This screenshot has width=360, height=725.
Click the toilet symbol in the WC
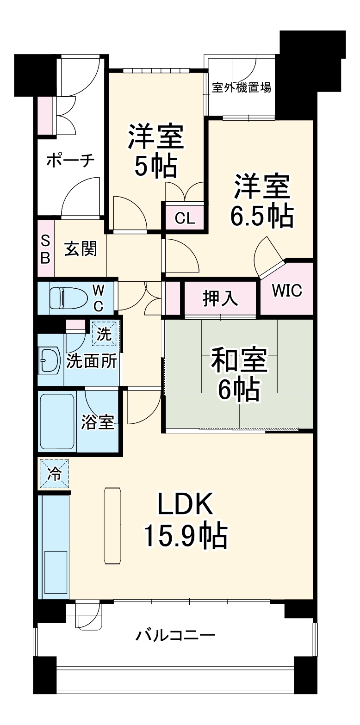tap(67, 298)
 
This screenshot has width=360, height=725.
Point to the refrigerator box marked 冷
tap(54, 474)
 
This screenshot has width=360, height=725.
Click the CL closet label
tap(185, 218)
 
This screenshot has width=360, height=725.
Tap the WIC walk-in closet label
tap(287, 290)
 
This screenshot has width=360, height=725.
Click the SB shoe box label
tap(46, 249)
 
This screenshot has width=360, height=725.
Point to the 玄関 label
tap(81, 249)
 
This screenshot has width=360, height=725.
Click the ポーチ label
tap(70, 161)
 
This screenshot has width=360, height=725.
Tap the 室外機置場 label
tap(242, 87)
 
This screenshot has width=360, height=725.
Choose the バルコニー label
tap(175, 635)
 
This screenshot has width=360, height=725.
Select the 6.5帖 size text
tap(262, 216)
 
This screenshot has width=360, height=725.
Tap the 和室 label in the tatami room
tap(239, 360)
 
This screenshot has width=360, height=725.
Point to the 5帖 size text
tap(156, 165)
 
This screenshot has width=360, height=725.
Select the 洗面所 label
tap(92, 361)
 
